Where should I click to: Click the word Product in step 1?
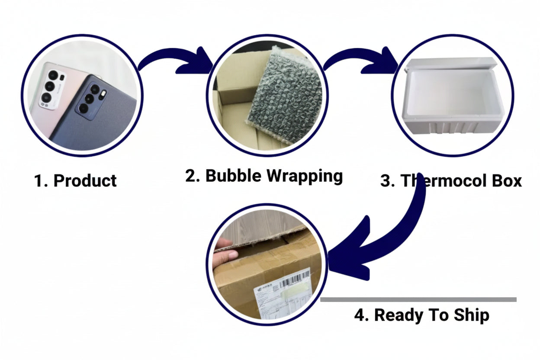(85, 180)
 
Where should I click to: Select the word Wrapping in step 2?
(304, 176)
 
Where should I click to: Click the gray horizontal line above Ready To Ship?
(418, 299)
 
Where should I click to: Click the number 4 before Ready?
(360, 315)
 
